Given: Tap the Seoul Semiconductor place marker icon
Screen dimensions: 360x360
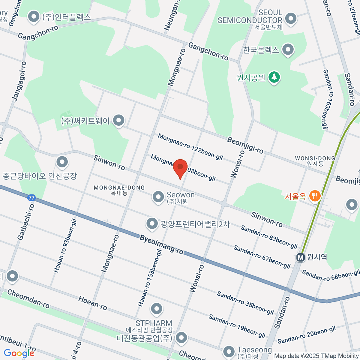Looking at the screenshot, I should tap(290, 19).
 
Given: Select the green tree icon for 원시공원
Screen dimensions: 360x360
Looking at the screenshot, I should tap(274, 77).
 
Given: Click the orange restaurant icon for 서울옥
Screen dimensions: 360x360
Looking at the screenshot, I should tap(314, 196).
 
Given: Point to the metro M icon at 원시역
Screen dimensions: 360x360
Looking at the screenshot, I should tap(300, 257).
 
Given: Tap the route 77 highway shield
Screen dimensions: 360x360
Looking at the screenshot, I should tap(31, 198).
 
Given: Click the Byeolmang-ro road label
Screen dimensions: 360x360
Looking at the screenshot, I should tap(161, 244).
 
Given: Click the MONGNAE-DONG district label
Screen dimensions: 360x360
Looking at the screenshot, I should tap(119, 188).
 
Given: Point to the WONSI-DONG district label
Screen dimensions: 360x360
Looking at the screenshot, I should tap(315, 158).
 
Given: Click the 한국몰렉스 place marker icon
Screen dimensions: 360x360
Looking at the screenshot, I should tap(288, 49).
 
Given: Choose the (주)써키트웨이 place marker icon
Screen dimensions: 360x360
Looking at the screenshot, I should tap(119, 121).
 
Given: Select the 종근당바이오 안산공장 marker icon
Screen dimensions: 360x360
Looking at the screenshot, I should tap(62, 162).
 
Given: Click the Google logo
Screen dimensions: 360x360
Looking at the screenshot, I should tap(19, 353).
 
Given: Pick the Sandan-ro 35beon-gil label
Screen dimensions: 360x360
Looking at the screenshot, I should tap(245, 303).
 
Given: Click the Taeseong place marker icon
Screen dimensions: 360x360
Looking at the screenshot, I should tap(229, 351).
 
